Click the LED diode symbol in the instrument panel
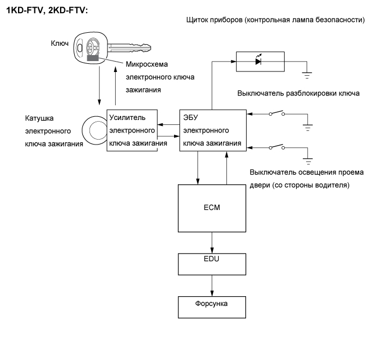(259, 61)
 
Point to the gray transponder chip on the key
(93, 58)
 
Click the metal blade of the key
(129, 47)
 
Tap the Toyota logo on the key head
(93, 46)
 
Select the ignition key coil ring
(83, 130)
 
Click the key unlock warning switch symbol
(277, 113)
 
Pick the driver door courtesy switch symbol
(277, 147)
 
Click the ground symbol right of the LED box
(307, 75)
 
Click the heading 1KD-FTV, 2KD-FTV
(47, 10)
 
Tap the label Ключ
(59, 43)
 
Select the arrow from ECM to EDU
(212, 243)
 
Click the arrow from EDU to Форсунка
(212, 286)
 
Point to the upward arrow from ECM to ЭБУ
(226, 168)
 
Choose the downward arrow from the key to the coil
(99, 86)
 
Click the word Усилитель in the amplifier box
(128, 118)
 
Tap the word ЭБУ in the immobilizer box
(190, 117)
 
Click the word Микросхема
(147, 64)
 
